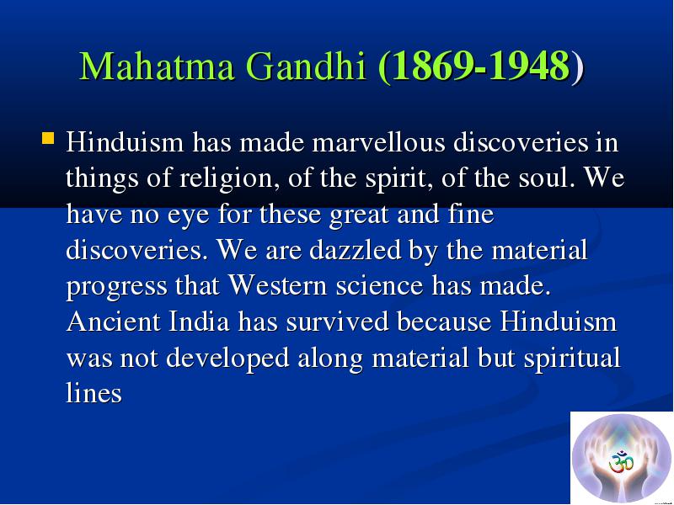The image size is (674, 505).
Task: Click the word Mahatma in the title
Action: coord(157,66)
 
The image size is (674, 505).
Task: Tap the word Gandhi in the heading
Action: coord(306,66)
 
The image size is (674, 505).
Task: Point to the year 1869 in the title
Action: coord(433,66)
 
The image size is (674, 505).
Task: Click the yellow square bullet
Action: coord(48,138)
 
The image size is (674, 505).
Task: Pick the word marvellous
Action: coord(378,142)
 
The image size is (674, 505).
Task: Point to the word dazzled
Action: coord(355,249)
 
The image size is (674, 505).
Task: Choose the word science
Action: coord(379,285)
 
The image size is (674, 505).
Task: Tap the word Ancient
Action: coord(114,322)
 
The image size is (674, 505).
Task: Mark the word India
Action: coord(199,322)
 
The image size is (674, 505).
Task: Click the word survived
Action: coord(338,322)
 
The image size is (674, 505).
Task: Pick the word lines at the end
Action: coord(94,392)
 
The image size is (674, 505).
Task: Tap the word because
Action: coord(444,322)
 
